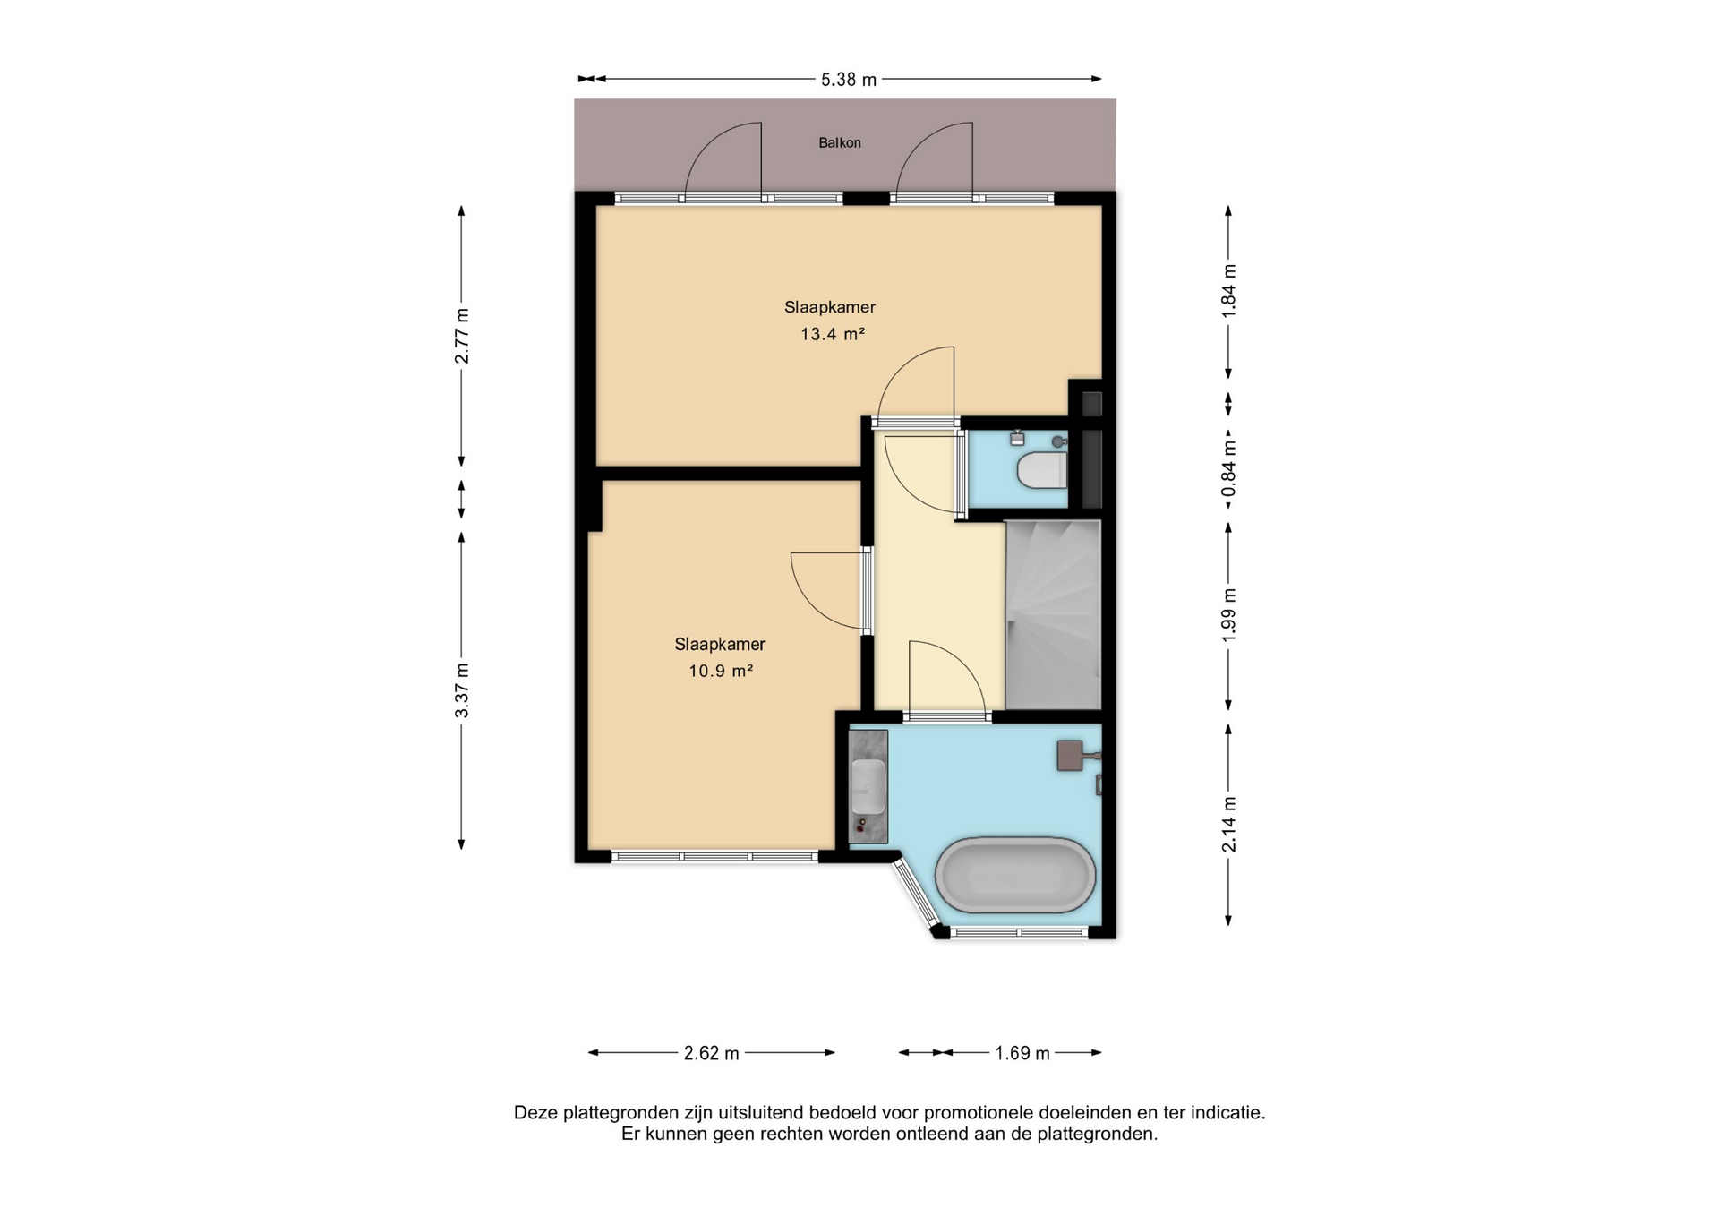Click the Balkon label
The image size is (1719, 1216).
(x=839, y=142)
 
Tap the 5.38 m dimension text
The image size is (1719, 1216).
(x=848, y=80)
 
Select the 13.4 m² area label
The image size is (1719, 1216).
(x=832, y=334)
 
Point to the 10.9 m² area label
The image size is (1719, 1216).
(x=720, y=670)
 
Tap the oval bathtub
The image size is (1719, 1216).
(x=1015, y=875)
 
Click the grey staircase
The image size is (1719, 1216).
(x=1053, y=614)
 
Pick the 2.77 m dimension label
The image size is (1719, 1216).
(x=461, y=336)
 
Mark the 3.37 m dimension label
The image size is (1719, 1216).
(x=461, y=690)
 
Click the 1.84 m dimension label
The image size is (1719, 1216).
(x=1228, y=290)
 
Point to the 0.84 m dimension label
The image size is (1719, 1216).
(x=1228, y=468)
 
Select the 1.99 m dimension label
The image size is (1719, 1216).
(x=1228, y=613)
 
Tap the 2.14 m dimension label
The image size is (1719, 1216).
(x=1228, y=825)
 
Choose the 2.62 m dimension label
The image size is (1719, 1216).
(x=712, y=1053)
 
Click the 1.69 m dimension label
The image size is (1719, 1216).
(x=1022, y=1053)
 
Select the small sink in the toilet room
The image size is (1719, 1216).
(x=1016, y=439)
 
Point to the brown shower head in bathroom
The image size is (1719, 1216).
(x=1071, y=755)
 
